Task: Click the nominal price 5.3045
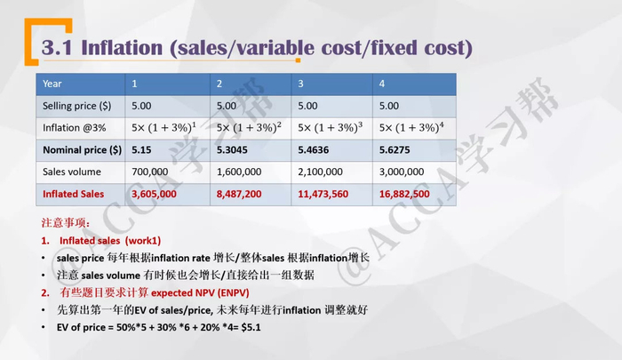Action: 233,149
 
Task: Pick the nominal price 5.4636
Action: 313,149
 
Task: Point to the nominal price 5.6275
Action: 395,149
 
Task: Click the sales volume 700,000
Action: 149,172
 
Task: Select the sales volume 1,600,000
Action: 238,172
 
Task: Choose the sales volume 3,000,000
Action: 403,172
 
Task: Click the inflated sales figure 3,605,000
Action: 153,194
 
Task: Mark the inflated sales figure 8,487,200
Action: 239,194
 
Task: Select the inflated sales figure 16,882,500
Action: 405,194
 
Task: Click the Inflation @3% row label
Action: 67,127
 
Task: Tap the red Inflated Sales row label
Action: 73,194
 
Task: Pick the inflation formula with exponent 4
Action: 411,126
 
